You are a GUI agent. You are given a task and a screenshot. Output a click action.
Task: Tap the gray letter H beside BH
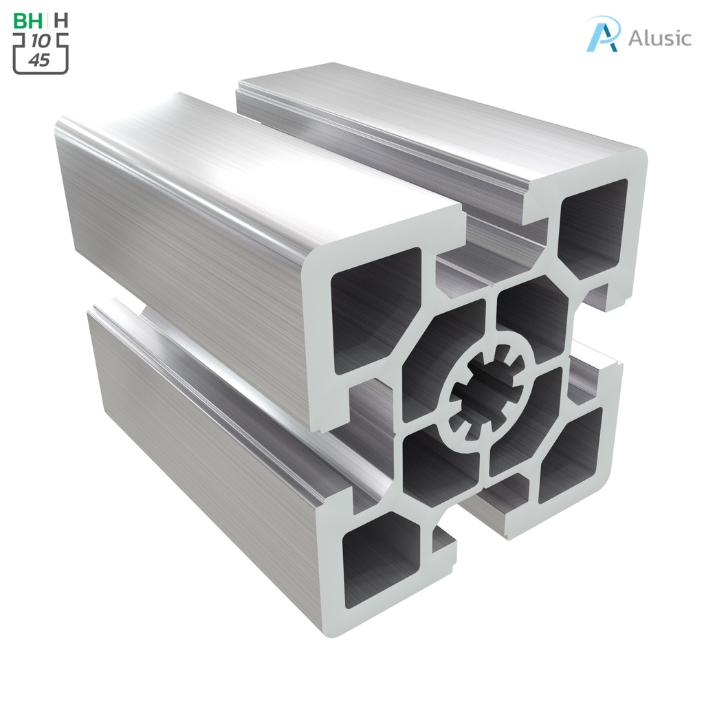(61, 21)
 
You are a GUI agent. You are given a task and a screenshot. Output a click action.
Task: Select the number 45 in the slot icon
(40, 60)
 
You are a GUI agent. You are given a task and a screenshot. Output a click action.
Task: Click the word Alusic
(659, 38)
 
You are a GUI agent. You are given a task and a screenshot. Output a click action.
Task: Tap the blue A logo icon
(603, 34)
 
